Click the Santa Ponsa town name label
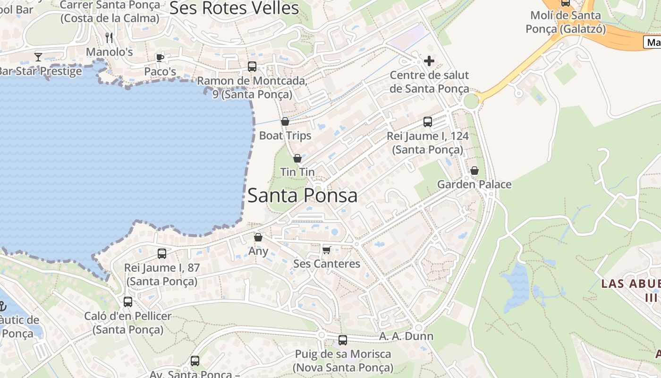[302, 195]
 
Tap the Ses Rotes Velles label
[234, 8]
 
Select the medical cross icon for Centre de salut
[429, 61]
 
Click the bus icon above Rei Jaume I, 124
[428, 122]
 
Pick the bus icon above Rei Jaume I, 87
[162, 254]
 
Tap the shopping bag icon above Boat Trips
[285, 121]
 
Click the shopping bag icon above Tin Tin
[297, 158]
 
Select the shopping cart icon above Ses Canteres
[326, 249]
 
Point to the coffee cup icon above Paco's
[160, 58]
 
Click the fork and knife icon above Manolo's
[109, 37]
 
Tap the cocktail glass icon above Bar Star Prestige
[38, 57]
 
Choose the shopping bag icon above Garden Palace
[475, 171]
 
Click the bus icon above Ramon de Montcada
[252, 67]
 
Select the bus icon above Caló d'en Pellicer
[128, 302]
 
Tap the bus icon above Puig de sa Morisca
[343, 340]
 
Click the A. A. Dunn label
[399, 336]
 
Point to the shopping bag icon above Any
[258, 237]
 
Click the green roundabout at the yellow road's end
[471, 101]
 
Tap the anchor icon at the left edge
[2, 305]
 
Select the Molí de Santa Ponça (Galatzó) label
[566, 22]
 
